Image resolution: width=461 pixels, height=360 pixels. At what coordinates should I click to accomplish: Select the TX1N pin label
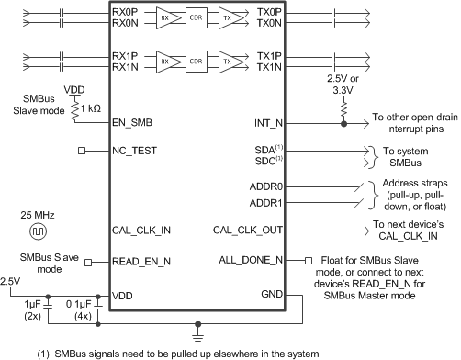tap(269, 68)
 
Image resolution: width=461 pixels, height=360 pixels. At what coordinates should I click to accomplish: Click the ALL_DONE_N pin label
tap(250, 262)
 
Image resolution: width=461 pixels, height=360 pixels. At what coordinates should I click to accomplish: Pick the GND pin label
tap(270, 294)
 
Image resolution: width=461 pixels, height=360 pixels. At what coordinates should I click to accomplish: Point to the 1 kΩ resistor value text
tap(89, 107)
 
